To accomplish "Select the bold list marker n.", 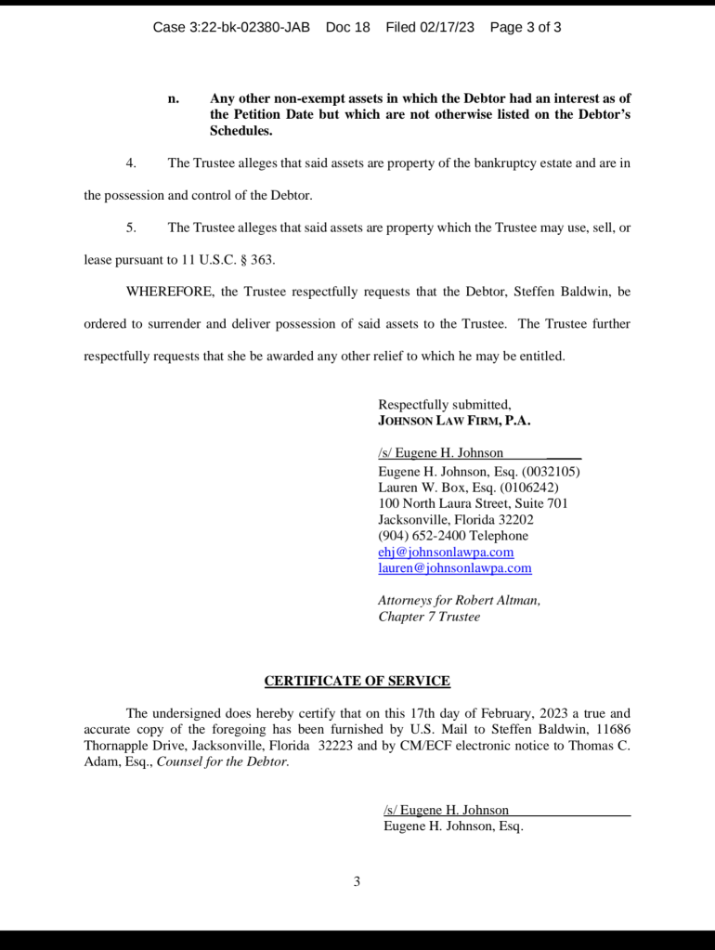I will click(x=173, y=98).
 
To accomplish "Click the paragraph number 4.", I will click(x=131, y=163).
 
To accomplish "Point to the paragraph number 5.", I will click(x=131, y=227).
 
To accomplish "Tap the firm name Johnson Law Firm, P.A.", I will click(x=454, y=420).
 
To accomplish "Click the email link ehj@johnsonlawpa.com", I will click(x=446, y=552).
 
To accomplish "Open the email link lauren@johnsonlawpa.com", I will click(x=455, y=567).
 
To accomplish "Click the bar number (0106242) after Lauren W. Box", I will click(x=529, y=488).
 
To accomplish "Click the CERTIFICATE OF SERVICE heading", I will click(x=357, y=681).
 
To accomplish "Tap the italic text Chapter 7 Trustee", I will click(x=429, y=616).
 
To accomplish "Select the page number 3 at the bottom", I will click(x=357, y=881).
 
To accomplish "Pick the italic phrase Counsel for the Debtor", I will click(x=223, y=761).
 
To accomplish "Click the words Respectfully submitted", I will click(x=444, y=404).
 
